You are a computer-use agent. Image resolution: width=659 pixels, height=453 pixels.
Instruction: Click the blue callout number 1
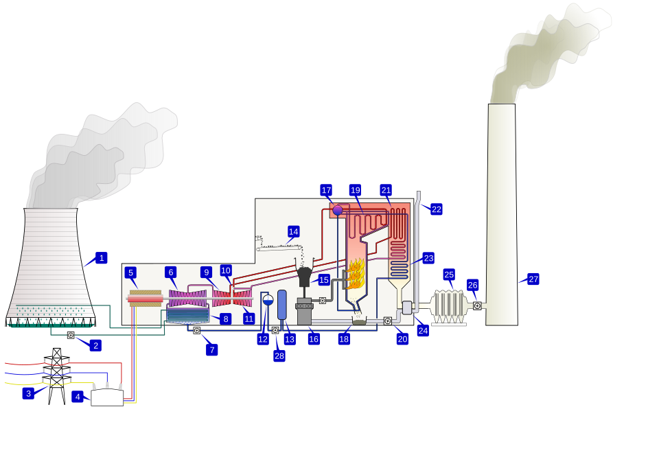click(x=102, y=258)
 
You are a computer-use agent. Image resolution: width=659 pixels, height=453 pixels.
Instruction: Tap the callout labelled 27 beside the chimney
click(x=533, y=279)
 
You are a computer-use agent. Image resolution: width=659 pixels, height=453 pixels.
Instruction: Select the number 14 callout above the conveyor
click(x=294, y=232)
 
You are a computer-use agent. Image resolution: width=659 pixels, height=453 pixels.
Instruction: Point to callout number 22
click(x=437, y=209)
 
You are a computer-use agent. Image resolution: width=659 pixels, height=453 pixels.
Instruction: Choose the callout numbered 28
click(x=279, y=356)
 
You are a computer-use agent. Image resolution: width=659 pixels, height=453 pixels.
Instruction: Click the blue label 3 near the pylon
click(x=28, y=393)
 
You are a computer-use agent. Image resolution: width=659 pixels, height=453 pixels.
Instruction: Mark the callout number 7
click(x=212, y=350)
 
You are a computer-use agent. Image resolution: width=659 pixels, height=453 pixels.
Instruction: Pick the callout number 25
click(x=449, y=275)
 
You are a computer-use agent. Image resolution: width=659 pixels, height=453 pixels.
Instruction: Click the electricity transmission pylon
click(x=57, y=375)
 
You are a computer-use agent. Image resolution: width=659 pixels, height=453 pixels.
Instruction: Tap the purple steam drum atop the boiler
click(x=338, y=210)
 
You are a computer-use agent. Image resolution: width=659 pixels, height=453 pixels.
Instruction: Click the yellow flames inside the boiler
click(x=356, y=273)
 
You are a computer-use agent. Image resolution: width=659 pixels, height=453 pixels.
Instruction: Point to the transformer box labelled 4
click(x=107, y=397)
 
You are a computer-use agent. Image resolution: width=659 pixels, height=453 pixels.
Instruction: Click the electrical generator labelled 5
click(x=146, y=298)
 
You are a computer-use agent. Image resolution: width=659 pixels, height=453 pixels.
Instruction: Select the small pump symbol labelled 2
click(x=71, y=335)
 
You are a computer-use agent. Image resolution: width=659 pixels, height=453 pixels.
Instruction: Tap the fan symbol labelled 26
click(x=477, y=305)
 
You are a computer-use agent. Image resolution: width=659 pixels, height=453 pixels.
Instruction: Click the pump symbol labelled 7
click(x=196, y=330)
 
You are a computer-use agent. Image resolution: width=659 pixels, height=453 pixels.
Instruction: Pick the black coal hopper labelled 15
click(x=305, y=276)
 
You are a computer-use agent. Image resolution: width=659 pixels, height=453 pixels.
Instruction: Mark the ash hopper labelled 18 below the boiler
click(x=359, y=321)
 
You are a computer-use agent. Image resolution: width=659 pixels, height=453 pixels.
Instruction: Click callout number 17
click(x=326, y=190)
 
